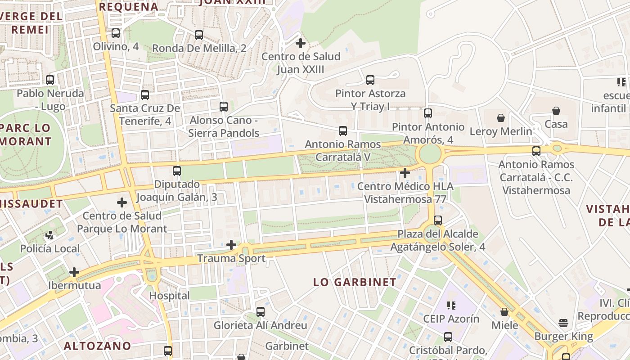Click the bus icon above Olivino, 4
116,33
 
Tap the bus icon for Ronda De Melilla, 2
199,35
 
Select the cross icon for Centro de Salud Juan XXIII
301,43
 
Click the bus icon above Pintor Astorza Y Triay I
370,80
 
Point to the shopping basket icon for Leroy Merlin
501,118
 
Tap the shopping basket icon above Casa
556,111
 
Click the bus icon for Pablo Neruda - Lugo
50,80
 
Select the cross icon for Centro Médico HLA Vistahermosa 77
405,172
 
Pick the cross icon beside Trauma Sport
231,245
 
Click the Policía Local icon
49,235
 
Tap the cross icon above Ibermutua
74,272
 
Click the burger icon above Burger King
563,323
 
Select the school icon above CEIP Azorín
451,306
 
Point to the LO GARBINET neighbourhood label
355,282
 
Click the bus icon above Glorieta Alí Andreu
260,311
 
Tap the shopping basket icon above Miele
504,312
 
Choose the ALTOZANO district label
97,346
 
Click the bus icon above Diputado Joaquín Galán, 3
177,171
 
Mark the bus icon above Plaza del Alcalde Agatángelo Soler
438,220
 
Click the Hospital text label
169,296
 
